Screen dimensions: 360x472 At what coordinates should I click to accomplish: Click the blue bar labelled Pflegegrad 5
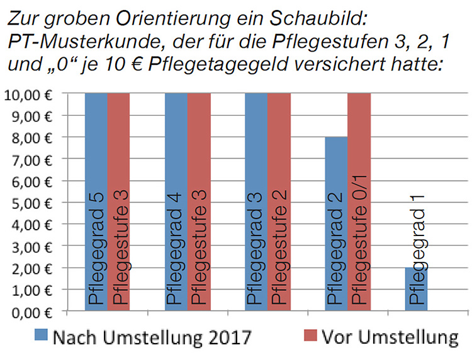(96, 201)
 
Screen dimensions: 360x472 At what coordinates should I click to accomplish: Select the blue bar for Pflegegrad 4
(176, 201)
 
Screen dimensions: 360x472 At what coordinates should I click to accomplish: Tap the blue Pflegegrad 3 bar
(256, 201)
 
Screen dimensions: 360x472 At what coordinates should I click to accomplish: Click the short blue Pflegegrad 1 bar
(416, 289)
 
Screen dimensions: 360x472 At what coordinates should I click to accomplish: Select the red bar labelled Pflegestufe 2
(279, 201)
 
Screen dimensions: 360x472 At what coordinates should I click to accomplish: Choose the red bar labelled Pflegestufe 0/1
(359, 201)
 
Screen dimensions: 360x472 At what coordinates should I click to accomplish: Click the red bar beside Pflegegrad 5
(118, 201)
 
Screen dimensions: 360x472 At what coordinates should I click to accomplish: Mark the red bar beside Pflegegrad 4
(199, 201)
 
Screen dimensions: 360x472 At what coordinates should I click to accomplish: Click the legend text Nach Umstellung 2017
(152, 338)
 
